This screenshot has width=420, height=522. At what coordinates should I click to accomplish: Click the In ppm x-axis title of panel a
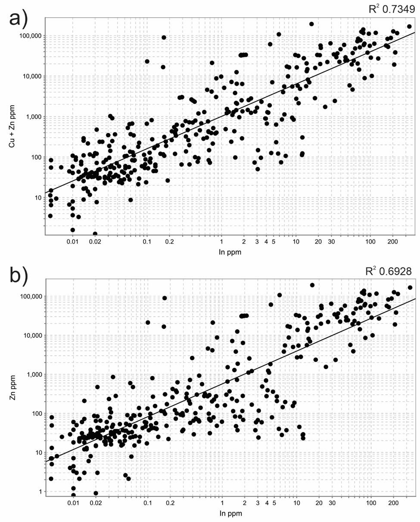click(x=230, y=252)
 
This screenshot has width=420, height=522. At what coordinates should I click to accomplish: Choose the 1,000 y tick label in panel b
click(x=32, y=374)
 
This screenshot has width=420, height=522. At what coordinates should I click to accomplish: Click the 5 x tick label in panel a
click(x=274, y=241)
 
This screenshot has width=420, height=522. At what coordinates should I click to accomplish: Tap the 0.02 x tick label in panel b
click(x=96, y=503)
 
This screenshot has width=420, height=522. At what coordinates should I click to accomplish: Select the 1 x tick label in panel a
click(x=221, y=241)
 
